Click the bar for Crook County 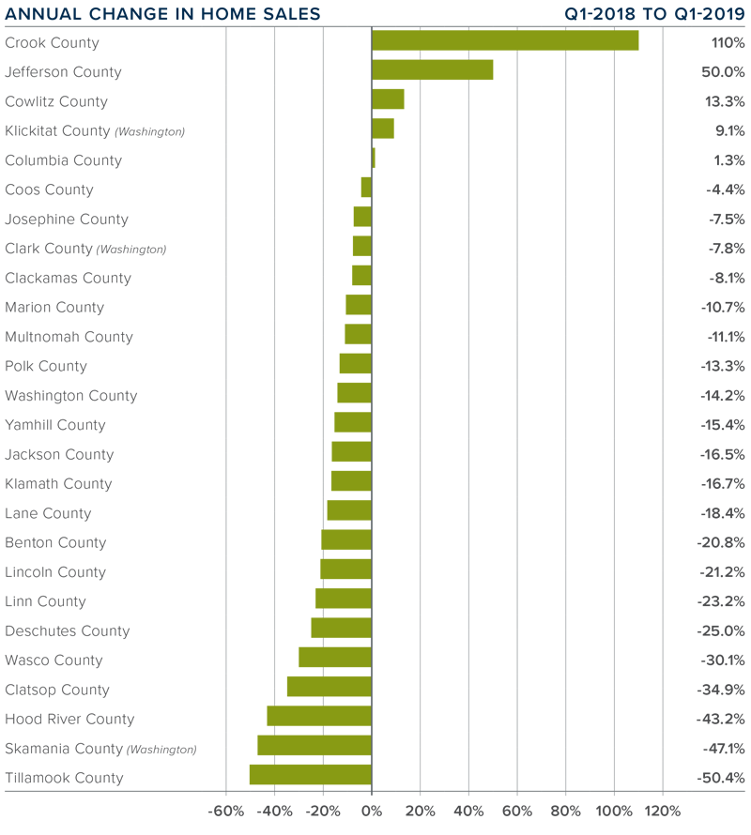[505, 41]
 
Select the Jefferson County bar [432, 70]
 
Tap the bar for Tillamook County [311, 775]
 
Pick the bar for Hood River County [319, 717]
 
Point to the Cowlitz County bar [388, 99]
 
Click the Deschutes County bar [342, 629]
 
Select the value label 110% [728, 42]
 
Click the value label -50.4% [721, 778]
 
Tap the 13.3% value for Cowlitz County [726, 101]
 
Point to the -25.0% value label [721, 630]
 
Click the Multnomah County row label [69, 337]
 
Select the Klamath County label [58, 484]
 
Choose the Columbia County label [63, 160]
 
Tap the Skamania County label [64, 749]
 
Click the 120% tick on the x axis [663, 811]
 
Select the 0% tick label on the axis [372, 811]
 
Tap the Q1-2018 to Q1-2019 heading [655, 14]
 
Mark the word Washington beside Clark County [131, 250]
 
